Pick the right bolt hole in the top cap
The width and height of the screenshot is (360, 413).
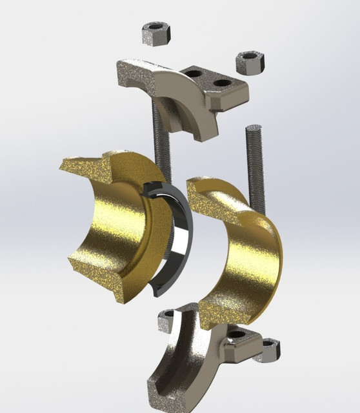221,83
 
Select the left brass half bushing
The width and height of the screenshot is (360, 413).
110,232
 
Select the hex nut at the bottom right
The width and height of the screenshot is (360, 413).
269,351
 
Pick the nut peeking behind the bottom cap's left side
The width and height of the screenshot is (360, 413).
167,316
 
